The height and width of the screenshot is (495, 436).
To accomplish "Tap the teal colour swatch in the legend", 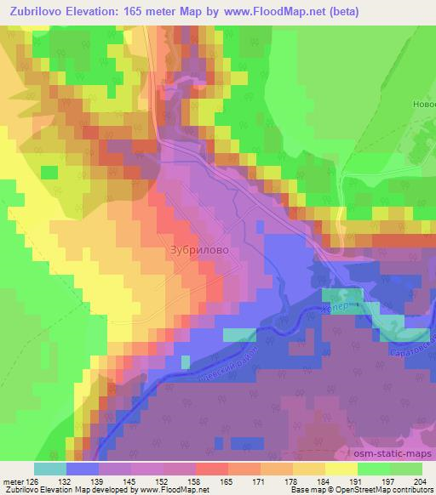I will click(x=49, y=469).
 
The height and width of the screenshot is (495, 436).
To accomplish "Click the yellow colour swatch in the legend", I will click(x=341, y=469).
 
